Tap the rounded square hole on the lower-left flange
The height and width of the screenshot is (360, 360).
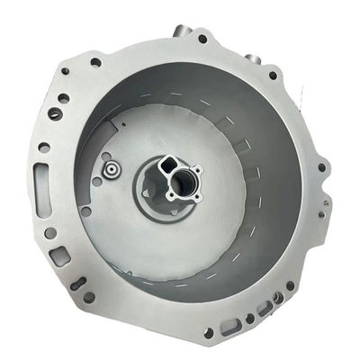point(60,255)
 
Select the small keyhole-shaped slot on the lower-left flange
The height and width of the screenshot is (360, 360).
point(79,284)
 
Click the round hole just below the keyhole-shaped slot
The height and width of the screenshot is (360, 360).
point(88,297)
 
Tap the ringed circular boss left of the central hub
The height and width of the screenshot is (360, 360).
point(110,167)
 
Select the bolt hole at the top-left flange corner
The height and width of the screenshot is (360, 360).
point(95,62)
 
